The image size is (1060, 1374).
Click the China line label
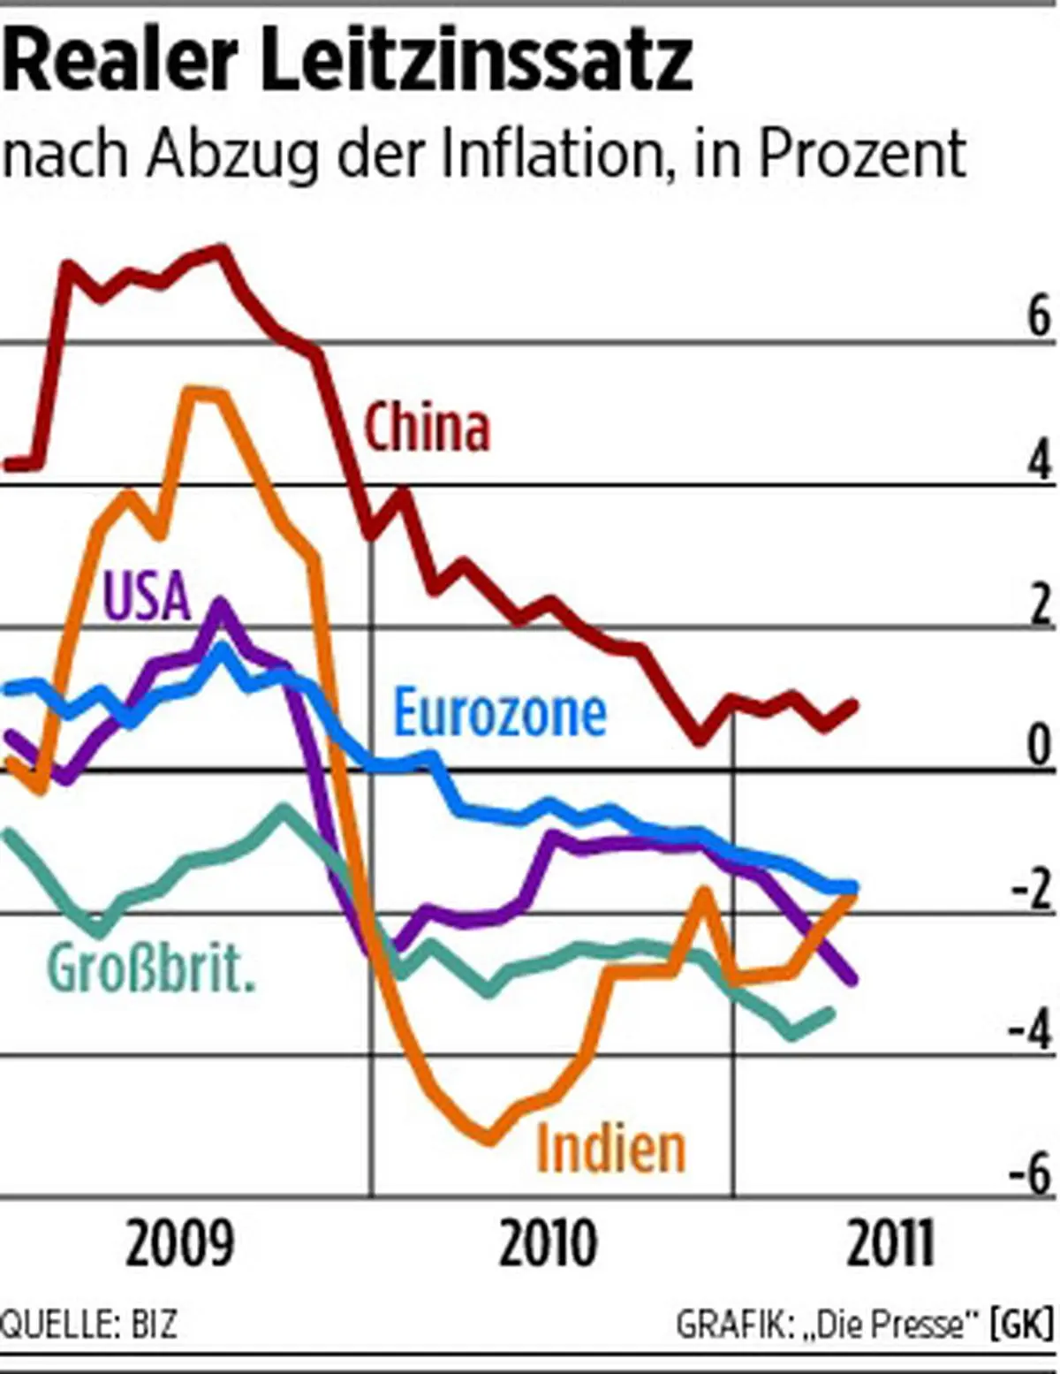pos(428,429)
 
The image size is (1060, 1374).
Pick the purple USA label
pos(148,595)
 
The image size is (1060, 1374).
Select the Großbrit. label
pos(150,968)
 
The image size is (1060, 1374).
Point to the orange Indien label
pos(611,1148)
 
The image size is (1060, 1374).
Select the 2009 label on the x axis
pos(180,1244)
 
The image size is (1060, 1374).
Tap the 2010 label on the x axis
pos(548,1244)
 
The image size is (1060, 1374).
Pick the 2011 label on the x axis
pos(890,1244)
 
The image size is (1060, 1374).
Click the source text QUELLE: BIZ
pos(88,1325)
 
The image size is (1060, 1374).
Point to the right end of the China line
pos(853,704)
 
